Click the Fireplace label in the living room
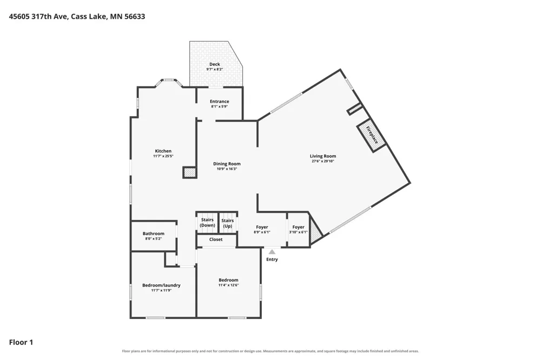(x=372, y=135)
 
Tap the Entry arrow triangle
(x=272, y=252)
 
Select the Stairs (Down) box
(x=207, y=222)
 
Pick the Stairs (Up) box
(x=228, y=222)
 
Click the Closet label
(x=216, y=239)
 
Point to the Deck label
(x=215, y=64)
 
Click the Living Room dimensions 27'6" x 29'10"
(x=323, y=161)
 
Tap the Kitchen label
(x=163, y=151)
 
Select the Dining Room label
(x=227, y=164)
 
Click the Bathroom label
(x=154, y=234)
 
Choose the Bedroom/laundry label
(x=161, y=285)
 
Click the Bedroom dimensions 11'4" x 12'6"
(x=228, y=285)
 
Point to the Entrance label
(x=220, y=102)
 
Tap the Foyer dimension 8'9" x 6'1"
(x=262, y=232)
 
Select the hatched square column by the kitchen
(x=189, y=172)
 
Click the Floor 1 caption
(x=21, y=342)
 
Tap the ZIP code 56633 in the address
(x=135, y=17)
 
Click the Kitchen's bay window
(x=169, y=82)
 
